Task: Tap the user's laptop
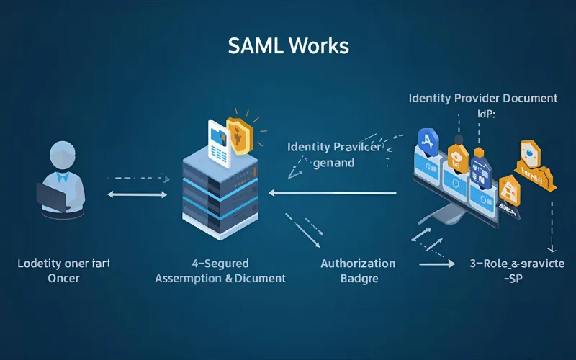coord(53,197)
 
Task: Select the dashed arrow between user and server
coord(138,177)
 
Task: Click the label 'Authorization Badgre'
coord(358,271)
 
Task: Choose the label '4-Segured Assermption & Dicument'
coord(220,271)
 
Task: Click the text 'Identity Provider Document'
coord(482,97)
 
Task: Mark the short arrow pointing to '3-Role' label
coord(437,264)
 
